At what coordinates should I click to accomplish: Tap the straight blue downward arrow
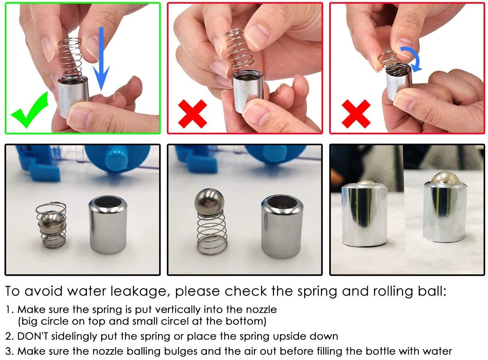[x=101, y=59]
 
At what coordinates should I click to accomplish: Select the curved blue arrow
[x=412, y=57]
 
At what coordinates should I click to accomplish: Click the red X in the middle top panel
[x=192, y=114]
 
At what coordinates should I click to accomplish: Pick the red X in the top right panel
[x=356, y=114]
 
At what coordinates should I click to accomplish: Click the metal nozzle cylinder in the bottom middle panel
[x=282, y=227]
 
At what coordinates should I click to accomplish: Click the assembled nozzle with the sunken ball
[x=364, y=215]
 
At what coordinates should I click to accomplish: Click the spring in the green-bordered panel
[x=70, y=58]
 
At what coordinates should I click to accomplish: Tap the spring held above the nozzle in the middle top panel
[x=240, y=49]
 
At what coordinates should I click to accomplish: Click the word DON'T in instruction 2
[x=33, y=336]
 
